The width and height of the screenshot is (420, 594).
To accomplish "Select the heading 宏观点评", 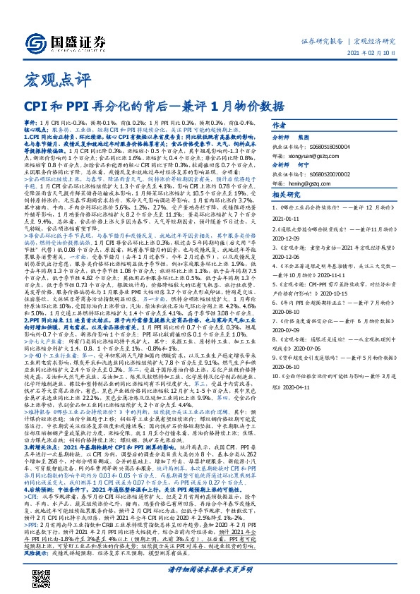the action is [48, 78].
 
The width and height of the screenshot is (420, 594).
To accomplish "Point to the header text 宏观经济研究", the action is [375, 40].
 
